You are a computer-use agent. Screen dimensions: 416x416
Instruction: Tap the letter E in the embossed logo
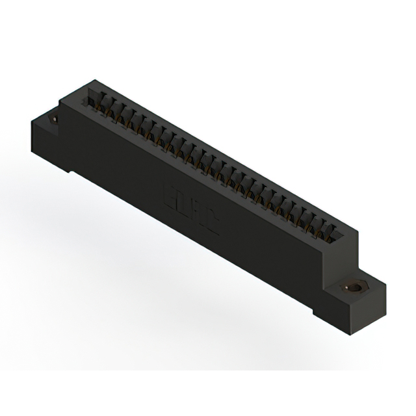(x=166, y=194)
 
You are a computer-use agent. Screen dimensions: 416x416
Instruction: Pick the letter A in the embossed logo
(x=197, y=213)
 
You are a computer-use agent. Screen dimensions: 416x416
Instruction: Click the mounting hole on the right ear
(x=354, y=287)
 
